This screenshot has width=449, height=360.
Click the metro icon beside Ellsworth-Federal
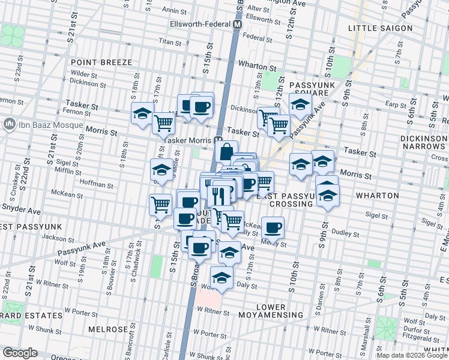237,25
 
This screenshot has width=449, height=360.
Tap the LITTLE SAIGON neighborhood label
381,28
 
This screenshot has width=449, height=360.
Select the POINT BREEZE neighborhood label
97,62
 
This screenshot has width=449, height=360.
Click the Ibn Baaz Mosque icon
9,124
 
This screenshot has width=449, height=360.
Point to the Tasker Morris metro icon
220,140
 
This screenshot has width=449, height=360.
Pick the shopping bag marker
225,152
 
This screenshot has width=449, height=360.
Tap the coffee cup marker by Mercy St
273,227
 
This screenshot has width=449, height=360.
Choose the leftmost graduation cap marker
142,114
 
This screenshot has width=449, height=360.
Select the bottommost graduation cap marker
221,278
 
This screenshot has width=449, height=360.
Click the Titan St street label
170,42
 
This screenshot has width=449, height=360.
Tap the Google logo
20,353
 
